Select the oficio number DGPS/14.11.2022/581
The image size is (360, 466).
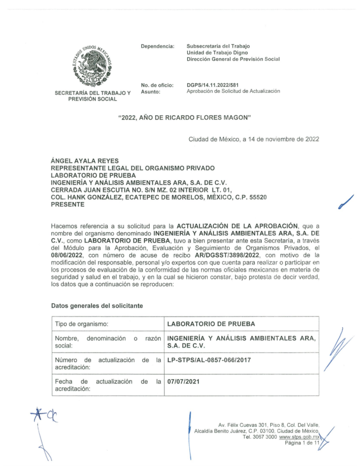213,85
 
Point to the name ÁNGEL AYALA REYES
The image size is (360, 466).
85,161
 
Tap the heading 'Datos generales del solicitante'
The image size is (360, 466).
97,306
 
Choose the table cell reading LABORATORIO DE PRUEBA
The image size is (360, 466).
211,324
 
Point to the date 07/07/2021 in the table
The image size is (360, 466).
183,381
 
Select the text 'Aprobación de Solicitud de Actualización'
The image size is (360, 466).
233,91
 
